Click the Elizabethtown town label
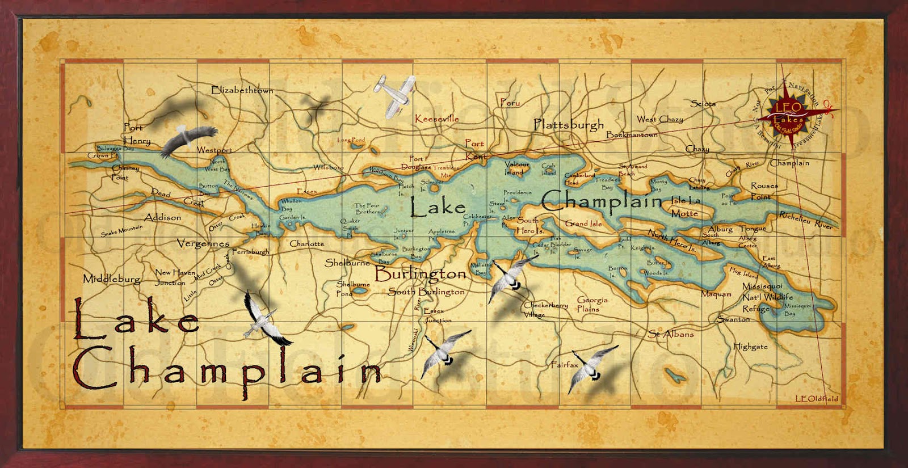242,90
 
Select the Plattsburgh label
569,124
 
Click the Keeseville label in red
436,119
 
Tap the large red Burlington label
420,274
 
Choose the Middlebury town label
112,279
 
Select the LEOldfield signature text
816,399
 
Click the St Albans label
671,334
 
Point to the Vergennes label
203,243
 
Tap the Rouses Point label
764,191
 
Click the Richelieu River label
805,220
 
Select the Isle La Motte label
686,207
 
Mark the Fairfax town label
564,365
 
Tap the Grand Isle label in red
583,224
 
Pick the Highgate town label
750,346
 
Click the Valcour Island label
516,168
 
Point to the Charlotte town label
306,243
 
